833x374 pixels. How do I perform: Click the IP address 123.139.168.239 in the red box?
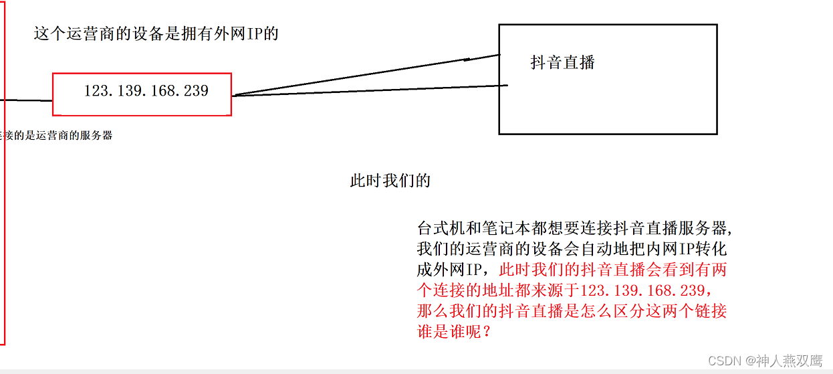pyautogui.click(x=146, y=91)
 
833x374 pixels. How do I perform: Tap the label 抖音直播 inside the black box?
pyautogui.click(x=562, y=63)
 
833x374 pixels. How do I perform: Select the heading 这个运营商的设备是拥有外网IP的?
pyautogui.click(x=156, y=33)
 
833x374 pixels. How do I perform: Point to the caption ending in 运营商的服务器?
pyautogui.click(x=56, y=135)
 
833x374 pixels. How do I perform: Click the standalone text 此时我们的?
pyautogui.click(x=390, y=181)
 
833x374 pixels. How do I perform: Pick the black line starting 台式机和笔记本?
pyautogui.click(x=575, y=228)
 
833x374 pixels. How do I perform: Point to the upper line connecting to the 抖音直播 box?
pyautogui.click(x=368, y=75)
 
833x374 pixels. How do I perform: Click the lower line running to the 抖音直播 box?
pyautogui.click(x=368, y=90)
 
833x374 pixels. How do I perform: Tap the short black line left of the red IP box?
pyautogui.click(x=27, y=100)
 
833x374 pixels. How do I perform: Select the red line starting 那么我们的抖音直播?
pyautogui.click(x=572, y=311)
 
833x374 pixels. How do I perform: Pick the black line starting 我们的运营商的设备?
pyautogui.click(x=572, y=249)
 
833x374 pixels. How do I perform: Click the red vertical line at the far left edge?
pyautogui.click(x=5, y=201)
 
